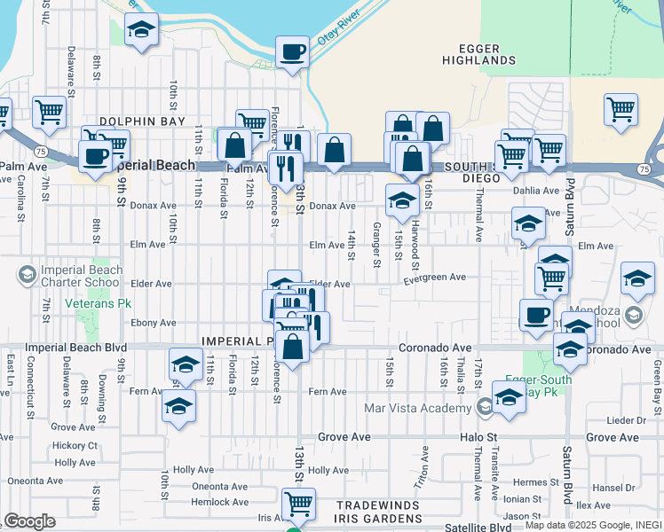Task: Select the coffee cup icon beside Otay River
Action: [x=291, y=52]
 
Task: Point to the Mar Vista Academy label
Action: [x=417, y=409]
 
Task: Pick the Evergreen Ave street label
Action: [x=434, y=278]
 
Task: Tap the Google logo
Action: [x=28, y=521]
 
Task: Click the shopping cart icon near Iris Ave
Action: [x=298, y=505]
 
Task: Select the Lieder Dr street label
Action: [x=628, y=419]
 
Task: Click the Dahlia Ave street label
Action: [x=536, y=191]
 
